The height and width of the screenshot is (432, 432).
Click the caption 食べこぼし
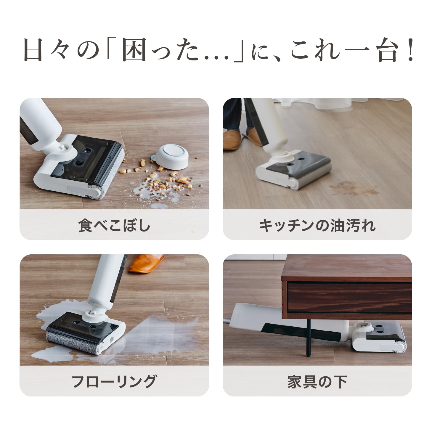pos(114,225)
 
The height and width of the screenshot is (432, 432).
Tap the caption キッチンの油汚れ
pos(317,225)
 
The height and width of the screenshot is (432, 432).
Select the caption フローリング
pos(114,381)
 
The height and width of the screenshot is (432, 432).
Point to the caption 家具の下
pos(317,381)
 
